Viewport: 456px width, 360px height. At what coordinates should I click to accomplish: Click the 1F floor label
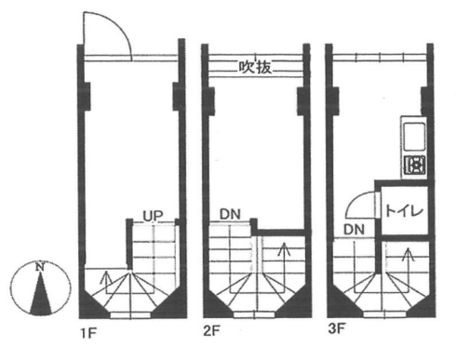click(88, 334)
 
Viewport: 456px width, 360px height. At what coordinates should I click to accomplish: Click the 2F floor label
click(211, 331)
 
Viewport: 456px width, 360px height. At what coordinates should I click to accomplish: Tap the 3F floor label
click(337, 328)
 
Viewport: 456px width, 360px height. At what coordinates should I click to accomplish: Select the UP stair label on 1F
click(153, 216)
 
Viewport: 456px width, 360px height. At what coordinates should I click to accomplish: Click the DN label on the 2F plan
click(230, 214)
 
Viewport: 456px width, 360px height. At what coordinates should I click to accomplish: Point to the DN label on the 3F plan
click(354, 230)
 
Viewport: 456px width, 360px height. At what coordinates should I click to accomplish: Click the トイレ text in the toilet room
click(404, 211)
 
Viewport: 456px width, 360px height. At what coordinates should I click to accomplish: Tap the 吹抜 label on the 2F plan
click(255, 67)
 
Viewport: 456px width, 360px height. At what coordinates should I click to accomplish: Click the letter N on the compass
click(39, 267)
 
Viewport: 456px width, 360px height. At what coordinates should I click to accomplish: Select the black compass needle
click(41, 293)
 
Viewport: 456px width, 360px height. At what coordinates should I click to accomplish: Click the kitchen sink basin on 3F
click(414, 137)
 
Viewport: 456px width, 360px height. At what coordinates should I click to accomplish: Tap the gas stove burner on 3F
click(415, 165)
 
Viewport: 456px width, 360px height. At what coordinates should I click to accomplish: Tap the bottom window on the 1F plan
click(130, 315)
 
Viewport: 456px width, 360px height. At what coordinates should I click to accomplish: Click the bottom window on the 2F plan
click(254, 315)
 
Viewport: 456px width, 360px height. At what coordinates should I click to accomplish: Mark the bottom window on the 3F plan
click(384, 314)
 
